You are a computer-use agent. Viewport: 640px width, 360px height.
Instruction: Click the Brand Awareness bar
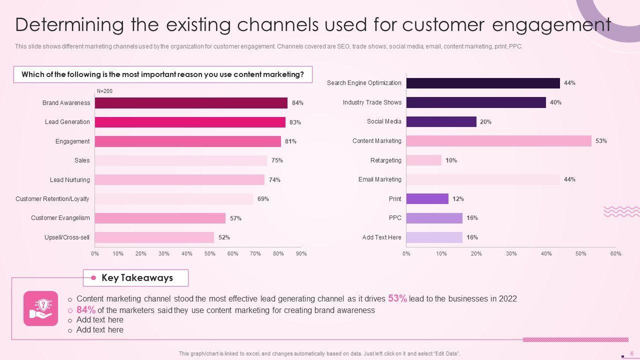[191, 103]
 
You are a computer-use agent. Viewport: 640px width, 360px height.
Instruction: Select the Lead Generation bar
[190, 122]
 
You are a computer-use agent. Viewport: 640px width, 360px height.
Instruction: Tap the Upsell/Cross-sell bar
[154, 237]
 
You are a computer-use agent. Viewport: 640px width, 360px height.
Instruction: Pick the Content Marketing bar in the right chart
[498, 141]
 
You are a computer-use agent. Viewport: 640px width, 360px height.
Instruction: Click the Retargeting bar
[423, 160]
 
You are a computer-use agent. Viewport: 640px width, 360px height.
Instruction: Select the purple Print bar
[427, 199]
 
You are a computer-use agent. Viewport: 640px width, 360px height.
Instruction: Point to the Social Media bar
[441, 121]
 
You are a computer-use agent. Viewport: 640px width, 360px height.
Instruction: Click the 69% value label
[263, 199]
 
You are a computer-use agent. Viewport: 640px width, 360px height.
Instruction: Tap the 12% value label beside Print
[458, 199]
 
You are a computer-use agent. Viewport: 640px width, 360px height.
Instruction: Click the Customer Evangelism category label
[60, 218]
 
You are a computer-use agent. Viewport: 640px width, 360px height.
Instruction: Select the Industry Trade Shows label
[372, 102]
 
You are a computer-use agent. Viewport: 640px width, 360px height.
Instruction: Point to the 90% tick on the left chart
[301, 253]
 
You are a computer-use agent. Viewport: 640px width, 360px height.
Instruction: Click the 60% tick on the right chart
[615, 253]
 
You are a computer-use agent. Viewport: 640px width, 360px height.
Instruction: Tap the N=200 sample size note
[104, 91]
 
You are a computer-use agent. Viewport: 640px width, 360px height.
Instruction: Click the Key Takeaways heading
[137, 278]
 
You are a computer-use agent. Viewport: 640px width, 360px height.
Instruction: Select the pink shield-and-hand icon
[41, 308]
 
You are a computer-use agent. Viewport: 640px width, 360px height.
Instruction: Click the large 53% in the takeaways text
[397, 298]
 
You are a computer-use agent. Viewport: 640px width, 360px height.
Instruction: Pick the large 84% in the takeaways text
[86, 310]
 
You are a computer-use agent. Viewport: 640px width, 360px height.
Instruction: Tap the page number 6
[632, 353]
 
